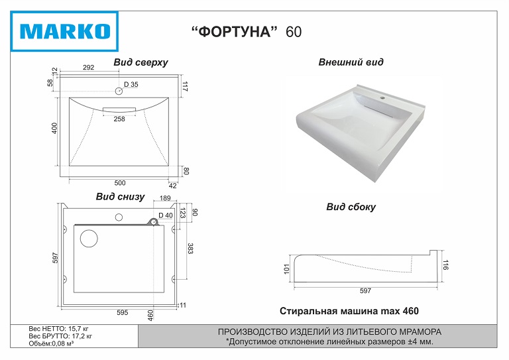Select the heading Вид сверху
pos(141,62)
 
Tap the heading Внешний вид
pos(351,62)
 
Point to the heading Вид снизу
pos(120,197)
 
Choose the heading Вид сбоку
pos(351,207)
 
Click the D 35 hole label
pos(131,85)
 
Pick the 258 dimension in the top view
pos(119,119)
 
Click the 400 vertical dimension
pos(56,128)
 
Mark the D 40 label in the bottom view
pos(165,215)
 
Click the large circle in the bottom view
pos(89,238)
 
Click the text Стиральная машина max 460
pos(349,311)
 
